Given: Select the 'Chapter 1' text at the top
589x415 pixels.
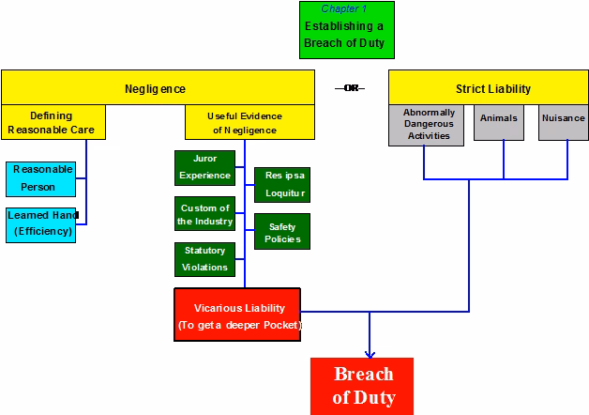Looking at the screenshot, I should [x=343, y=8].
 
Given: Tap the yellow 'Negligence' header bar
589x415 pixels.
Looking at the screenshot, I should [x=155, y=88].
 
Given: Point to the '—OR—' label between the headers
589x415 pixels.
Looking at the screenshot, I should [x=349, y=88].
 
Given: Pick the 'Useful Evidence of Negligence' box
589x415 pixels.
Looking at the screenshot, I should [x=246, y=122].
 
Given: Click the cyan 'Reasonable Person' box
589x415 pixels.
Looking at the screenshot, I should [x=40, y=178].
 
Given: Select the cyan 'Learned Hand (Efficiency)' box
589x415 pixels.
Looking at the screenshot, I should [x=41, y=223].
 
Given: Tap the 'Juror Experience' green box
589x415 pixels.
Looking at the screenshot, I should [x=204, y=167].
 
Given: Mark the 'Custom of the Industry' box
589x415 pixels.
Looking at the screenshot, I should [x=204, y=214].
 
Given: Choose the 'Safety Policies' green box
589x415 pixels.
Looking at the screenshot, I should [x=281, y=232].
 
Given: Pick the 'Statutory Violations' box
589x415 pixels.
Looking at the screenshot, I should [x=204, y=259].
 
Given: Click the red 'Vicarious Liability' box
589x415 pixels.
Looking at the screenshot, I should [x=237, y=315].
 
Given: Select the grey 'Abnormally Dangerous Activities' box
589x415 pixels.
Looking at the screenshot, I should [x=428, y=125].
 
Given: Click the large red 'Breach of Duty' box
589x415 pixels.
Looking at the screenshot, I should [x=364, y=386].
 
